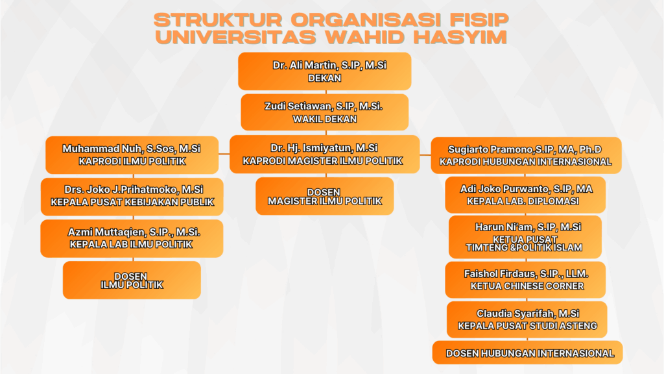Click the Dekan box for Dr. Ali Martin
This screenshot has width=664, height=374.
click(x=324, y=71)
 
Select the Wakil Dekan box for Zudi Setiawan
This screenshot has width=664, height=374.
click(x=324, y=112)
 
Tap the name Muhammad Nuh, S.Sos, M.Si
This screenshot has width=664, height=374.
click(x=131, y=149)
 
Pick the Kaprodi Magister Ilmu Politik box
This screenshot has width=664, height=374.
click(x=324, y=155)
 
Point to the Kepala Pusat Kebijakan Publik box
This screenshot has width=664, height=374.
click(x=132, y=197)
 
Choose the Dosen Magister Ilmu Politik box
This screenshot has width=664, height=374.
click(x=324, y=196)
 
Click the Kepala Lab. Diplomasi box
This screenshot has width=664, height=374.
click(x=525, y=195)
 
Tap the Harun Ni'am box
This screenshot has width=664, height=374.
click(x=525, y=237)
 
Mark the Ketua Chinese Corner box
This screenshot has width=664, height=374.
click(x=525, y=280)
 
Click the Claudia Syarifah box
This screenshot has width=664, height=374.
click(x=527, y=319)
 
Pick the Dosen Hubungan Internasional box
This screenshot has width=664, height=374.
click(x=527, y=353)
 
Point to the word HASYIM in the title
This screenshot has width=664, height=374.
click(x=460, y=37)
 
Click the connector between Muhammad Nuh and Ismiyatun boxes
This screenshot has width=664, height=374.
click(x=224, y=154)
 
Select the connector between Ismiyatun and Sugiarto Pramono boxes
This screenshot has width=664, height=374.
click(x=425, y=155)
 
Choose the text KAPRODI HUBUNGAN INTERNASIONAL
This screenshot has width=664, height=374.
click(x=525, y=162)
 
